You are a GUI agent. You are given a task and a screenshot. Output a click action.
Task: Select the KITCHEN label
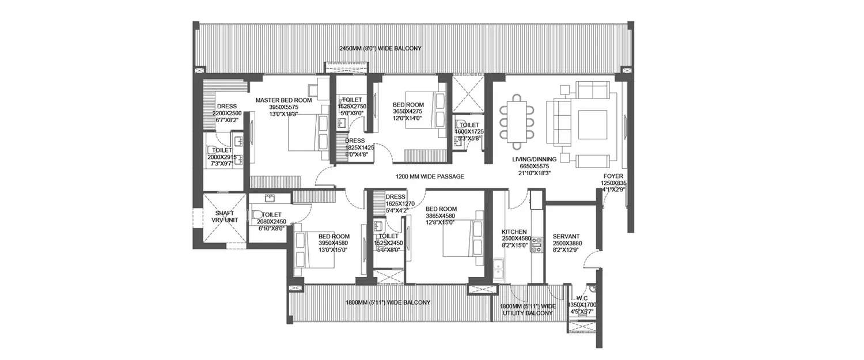tap(514, 231)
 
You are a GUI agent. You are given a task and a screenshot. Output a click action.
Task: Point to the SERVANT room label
tap(565, 236)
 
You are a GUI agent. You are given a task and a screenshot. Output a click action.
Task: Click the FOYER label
tap(614, 177)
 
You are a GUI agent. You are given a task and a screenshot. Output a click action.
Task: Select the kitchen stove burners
tap(536, 245)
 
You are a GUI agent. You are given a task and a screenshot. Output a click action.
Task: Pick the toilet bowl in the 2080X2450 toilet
tap(257, 216)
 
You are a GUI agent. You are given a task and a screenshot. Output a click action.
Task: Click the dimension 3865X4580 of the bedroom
tap(441, 216)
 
